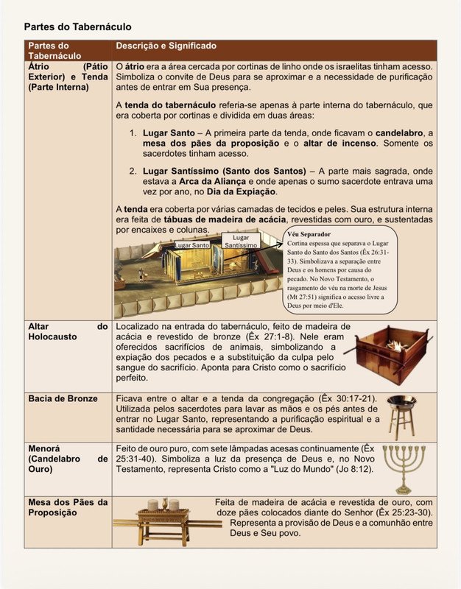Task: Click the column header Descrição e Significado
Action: [x=166, y=46]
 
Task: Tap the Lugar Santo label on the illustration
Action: [x=191, y=244]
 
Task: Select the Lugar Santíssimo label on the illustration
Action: [x=241, y=241]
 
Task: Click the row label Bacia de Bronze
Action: [x=62, y=398]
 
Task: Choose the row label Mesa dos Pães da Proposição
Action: [x=66, y=507]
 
